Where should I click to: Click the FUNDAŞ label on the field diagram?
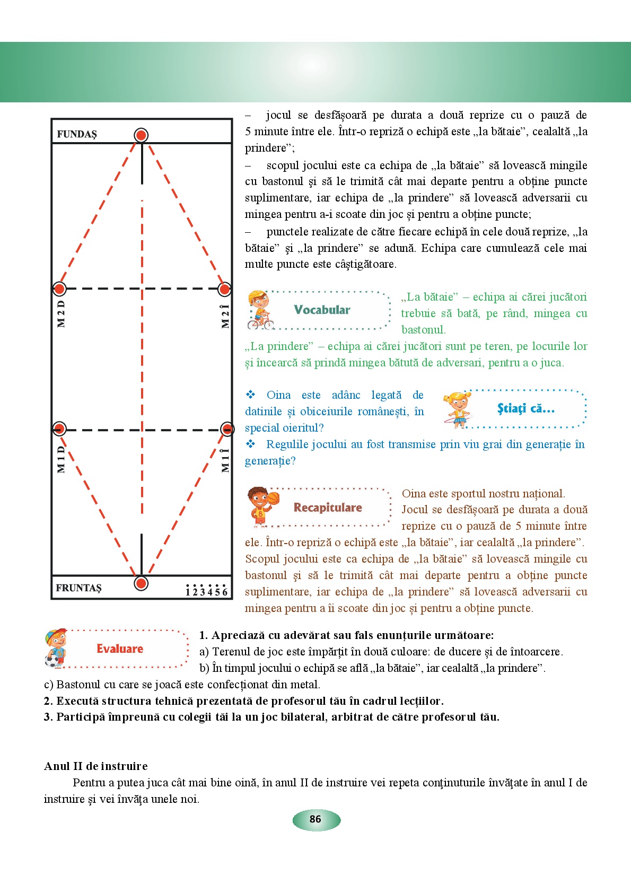tap(77, 134)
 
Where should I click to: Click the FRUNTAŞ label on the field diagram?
tap(78, 588)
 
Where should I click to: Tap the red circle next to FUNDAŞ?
tap(141, 135)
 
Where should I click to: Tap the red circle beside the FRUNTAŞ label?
tap(141, 584)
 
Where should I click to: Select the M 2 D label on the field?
tap(62, 314)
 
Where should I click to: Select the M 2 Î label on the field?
tap(225, 316)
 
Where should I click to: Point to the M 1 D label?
tap(62, 459)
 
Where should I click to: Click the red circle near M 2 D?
tap(59, 289)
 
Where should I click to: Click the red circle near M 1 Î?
tap(227, 429)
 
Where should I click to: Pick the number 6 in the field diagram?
tap(225, 592)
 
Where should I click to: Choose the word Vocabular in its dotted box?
tap(322, 310)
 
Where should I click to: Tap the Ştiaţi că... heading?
tap(525, 409)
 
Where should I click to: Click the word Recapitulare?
tap(328, 508)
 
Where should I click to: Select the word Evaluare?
tap(120, 649)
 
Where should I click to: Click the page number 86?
tap(315, 819)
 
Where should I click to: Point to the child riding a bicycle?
tap(260, 310)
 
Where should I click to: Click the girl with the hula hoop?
tap(458, 409)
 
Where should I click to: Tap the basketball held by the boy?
tap(273, 498)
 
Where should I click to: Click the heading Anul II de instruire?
tap(96, 766)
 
